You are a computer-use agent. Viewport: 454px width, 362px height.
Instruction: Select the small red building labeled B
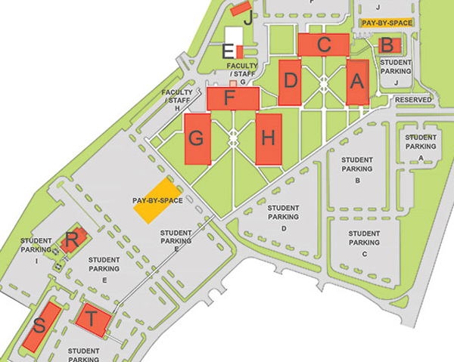point(387,45)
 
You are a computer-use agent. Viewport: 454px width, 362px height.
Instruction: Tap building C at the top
point(324,44)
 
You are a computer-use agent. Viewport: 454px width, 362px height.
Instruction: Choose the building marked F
point(233,97)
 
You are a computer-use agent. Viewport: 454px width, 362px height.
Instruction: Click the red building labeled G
point(197,138)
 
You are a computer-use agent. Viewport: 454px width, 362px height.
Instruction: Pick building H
point(268,138)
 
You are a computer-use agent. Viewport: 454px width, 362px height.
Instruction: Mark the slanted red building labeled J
point(241,9)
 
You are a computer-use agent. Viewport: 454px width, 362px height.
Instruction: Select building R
point(70,241)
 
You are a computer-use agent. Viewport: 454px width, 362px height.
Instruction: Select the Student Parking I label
point(36,249)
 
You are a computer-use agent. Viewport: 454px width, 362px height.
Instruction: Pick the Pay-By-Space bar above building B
point(387,23)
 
